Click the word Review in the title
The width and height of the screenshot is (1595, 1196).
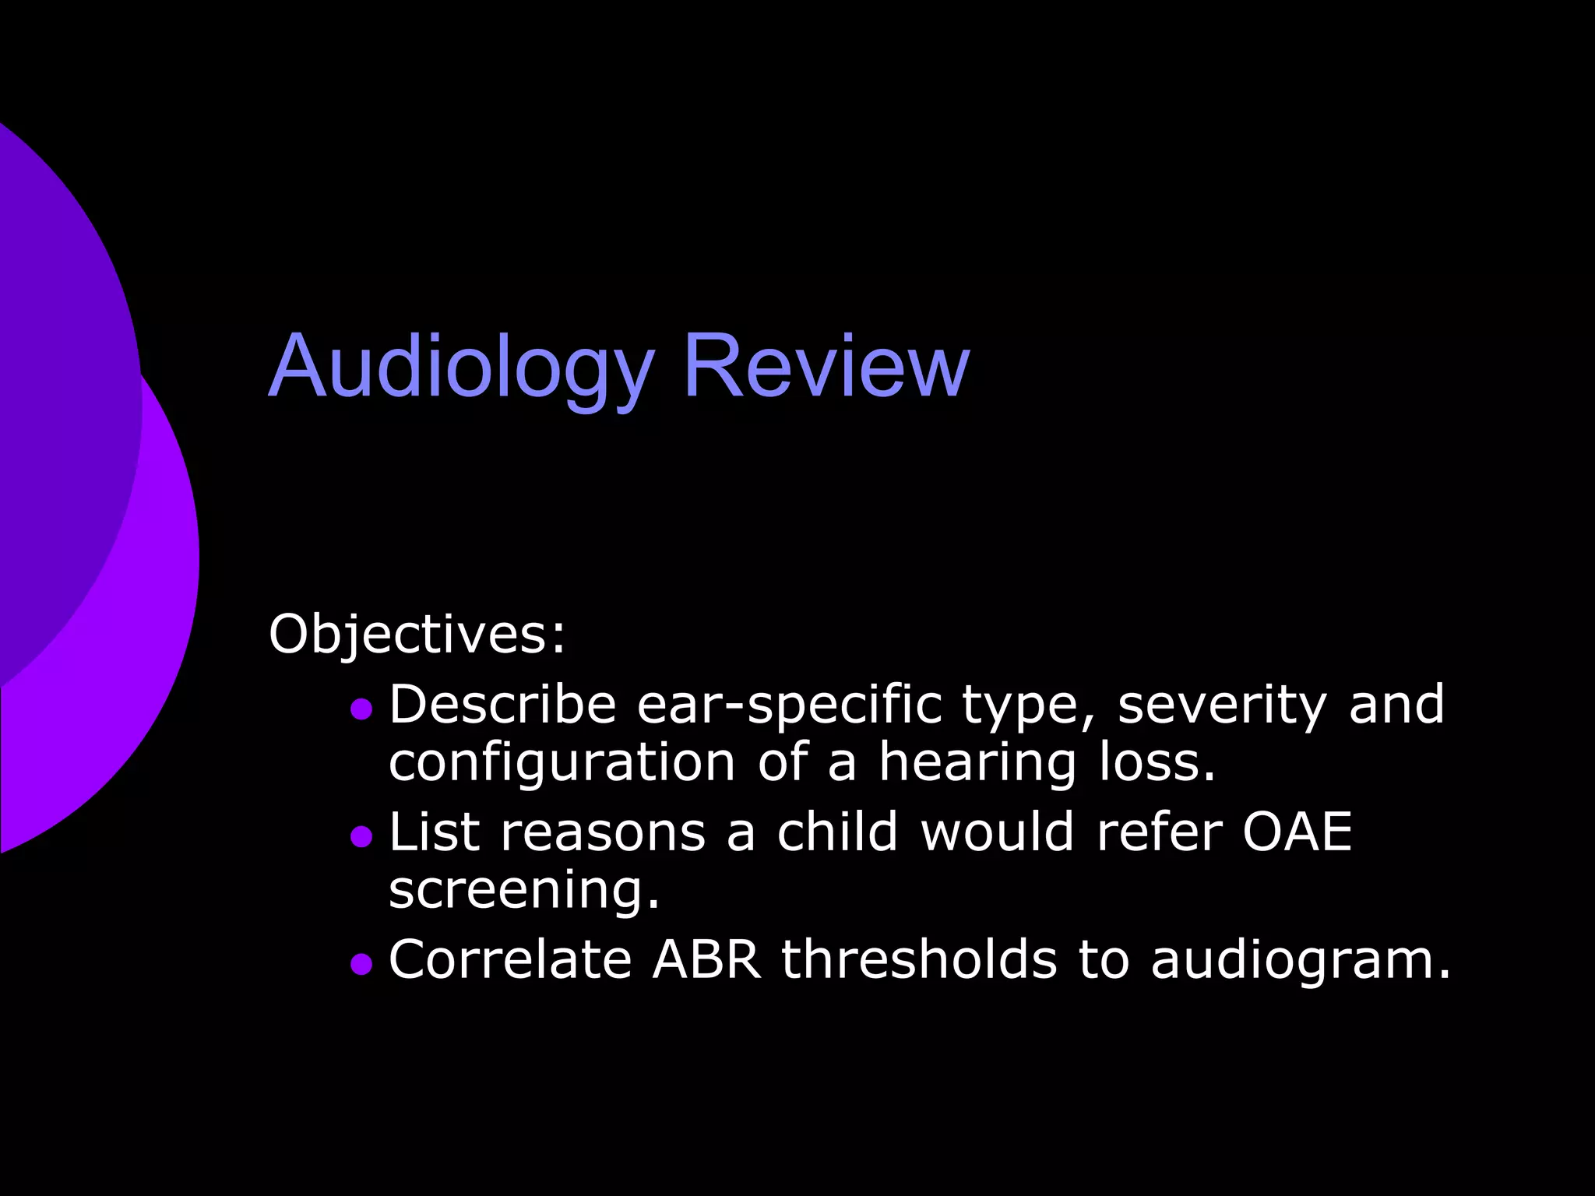click(x=826, y=366)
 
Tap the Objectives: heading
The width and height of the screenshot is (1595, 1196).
click(x=417, y=634)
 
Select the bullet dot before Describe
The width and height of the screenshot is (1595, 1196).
click(x=361, y=709)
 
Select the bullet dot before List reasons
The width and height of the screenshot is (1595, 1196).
click(x=361, y=836)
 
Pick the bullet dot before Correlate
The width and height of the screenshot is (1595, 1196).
click(x=361, y=964)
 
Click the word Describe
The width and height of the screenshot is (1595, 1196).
click(x=502, y=705)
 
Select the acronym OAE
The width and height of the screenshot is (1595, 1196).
click(x=1297, y=832)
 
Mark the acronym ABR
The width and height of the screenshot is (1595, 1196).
click(x=706, y=959)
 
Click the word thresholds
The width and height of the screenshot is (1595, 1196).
click(x=920, y=959)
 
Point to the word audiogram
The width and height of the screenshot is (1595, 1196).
click(x=1301, y=959)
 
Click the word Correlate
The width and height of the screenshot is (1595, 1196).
click(x=510, y=959)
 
